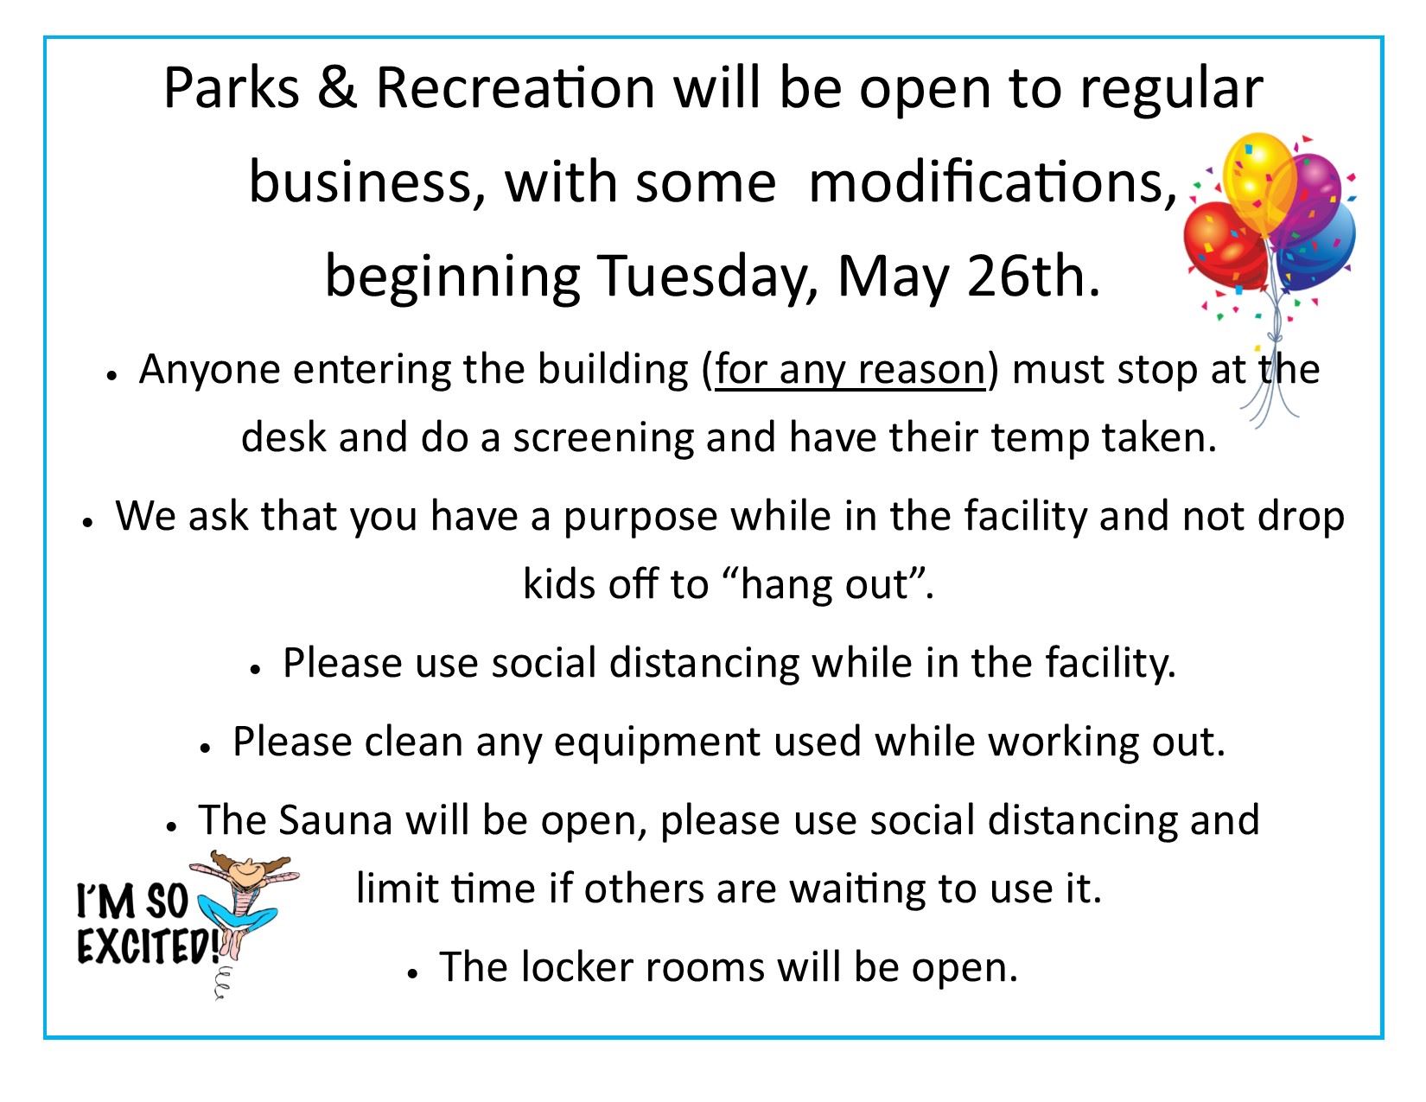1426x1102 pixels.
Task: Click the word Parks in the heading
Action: point(231,88)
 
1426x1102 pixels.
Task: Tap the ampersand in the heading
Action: point(337,88)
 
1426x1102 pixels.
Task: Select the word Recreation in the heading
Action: point(515,88)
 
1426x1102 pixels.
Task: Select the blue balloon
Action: point(1322,246)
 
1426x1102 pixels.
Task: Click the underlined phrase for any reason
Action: point(850,370)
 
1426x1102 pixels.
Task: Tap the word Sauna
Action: point(335,820)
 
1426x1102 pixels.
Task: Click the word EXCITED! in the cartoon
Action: point(147,947)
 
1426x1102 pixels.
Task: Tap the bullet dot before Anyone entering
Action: point(111,375)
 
